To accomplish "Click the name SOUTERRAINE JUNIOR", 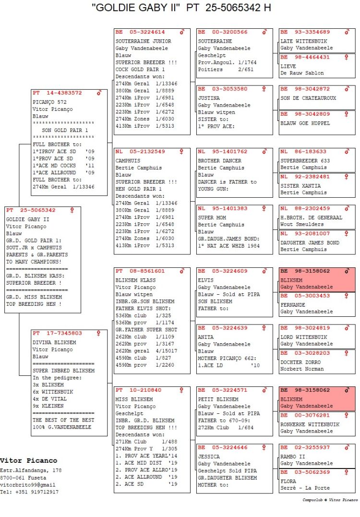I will click(x=143, y=41).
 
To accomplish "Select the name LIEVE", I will click(x=288, y=66).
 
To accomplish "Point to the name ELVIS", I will click(x=206, y=280).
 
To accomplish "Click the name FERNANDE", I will click(x=292, y=305).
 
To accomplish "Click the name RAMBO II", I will click(x=292, y=457).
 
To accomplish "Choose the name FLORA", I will click(x=288, y=481).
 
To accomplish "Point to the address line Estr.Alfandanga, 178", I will click(x=31, y=470).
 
